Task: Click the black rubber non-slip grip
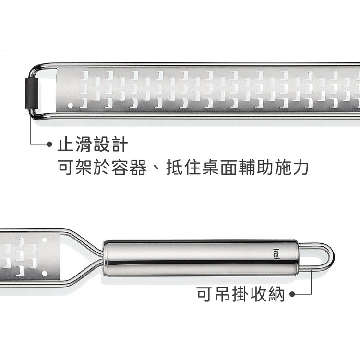[32, 93]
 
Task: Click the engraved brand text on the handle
[276, 256]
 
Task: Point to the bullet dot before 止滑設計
[49, 144]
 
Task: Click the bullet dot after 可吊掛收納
[292, 294]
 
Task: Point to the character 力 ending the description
[300, 168]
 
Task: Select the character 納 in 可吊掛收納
[276, 294]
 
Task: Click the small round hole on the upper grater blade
[71, 105]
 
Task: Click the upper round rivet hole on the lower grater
[45, 240]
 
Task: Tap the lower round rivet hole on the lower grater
[45, 273]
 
